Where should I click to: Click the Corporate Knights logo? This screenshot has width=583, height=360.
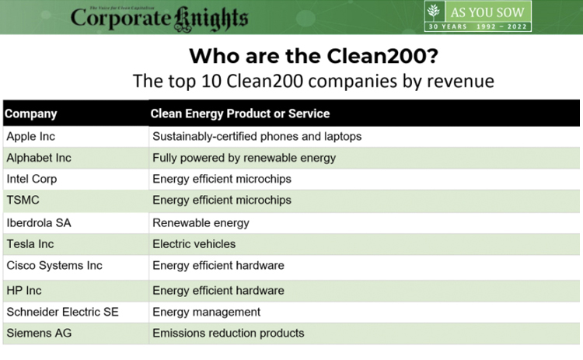tap(159, 17)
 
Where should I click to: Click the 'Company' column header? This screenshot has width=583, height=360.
tap(31, 114)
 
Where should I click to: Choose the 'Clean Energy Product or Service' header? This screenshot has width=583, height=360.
tap(240, 114)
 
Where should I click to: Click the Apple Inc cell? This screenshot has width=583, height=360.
tap(31, 136)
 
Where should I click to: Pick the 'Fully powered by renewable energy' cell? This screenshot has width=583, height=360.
tap(244, 158)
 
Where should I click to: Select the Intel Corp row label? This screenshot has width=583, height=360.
tap(32, 179)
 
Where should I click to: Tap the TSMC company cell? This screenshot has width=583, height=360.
tap(23, 200)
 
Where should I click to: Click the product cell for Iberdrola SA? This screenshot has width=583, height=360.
tap(201, 222)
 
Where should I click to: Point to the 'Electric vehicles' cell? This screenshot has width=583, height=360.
tap(194, 243)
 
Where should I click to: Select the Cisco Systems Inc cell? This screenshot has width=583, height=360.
tap(54, 265)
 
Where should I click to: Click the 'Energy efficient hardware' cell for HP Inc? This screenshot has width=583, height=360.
tap(218, 291)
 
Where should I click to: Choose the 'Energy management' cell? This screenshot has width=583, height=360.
tap(206, 312)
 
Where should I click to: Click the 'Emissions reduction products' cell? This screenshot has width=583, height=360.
tap(228, 333)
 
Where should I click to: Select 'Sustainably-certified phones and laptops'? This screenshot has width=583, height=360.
tap(257, 136)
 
